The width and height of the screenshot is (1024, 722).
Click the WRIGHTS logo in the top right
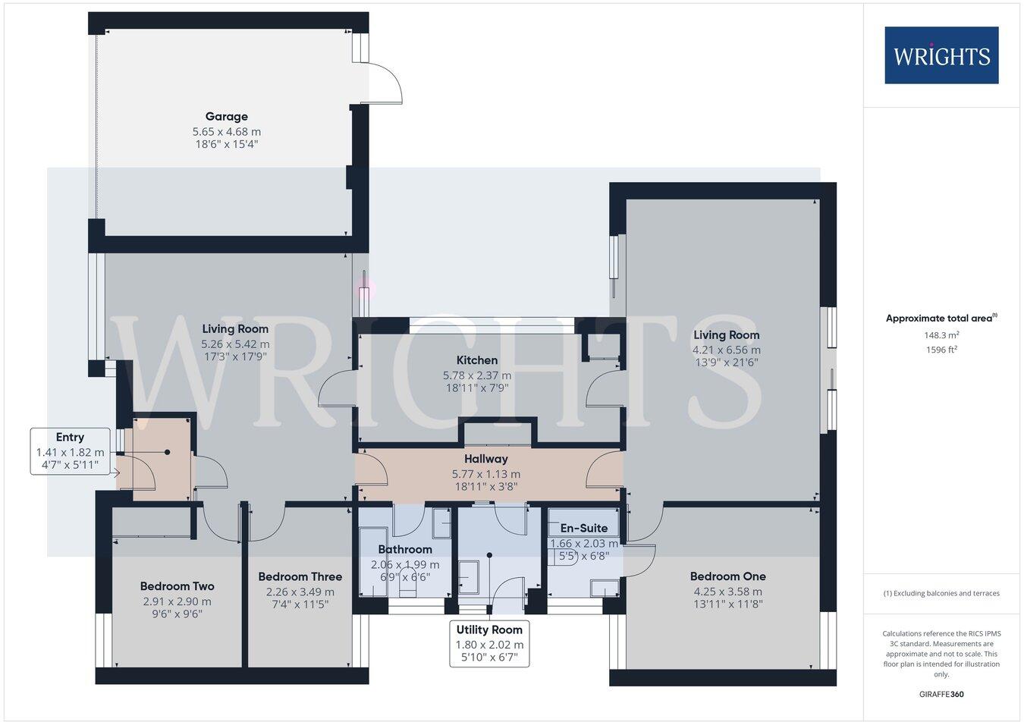pos(941,55)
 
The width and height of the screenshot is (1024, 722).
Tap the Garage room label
pos(226,117)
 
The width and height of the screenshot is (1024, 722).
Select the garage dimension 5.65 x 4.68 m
pos(226,131)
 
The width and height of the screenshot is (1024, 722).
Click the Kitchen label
pos(477,360)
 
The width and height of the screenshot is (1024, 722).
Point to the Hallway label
pos(486,459)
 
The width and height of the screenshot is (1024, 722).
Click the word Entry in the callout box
pos(70,438)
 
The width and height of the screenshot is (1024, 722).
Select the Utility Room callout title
pos(489,629)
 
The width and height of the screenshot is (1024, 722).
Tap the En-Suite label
pos(583,529)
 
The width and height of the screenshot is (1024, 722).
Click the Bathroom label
pos(405,550)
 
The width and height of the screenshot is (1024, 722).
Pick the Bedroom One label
pos(727,576)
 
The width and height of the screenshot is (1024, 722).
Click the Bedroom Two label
pos(177,586)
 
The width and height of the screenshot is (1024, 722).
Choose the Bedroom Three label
pos(300,577)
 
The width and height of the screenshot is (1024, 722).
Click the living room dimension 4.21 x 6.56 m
pos(726,350)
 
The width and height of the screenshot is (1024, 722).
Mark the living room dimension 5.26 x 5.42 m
pos(235,344)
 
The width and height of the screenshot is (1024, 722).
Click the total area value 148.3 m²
pos(941,334)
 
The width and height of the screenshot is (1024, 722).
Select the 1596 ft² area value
pos(941,350)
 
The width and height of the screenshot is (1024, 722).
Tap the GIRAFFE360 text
pos(941,694)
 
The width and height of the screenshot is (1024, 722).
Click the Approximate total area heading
pos(941,319)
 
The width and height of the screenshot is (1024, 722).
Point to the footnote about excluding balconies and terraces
pos(941,593)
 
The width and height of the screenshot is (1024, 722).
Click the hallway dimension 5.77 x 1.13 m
pos(486,474)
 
